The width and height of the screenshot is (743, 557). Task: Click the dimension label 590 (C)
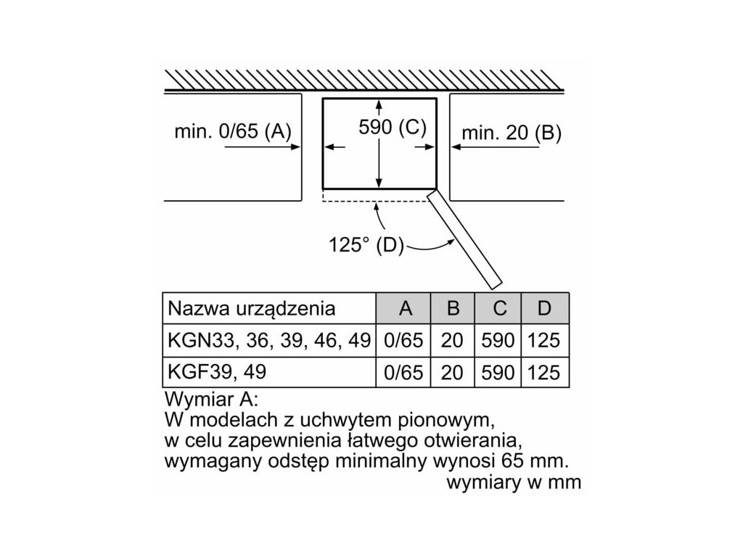pos(392,127)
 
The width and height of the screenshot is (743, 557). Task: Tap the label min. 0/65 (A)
pos(232,131)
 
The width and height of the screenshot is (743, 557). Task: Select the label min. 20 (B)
pos(512,133)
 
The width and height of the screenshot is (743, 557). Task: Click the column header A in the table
pos(406,308)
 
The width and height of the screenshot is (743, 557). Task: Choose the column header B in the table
pos(453,308)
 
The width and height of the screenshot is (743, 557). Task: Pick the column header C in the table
pos(499,308)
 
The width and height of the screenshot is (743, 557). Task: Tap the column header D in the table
pos(544,308)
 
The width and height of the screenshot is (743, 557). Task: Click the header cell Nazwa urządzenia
pos(252,308)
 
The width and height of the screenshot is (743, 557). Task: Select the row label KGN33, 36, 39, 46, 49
pos(269,339)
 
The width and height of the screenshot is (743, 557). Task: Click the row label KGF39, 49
pos(217,371)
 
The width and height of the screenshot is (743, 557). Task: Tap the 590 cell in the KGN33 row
pos(498,340)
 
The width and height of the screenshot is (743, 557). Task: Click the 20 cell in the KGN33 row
pos(452,340)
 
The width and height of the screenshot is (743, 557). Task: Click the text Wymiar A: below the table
pos(212,400)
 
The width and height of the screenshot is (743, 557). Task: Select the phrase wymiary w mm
pos(514,482)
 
